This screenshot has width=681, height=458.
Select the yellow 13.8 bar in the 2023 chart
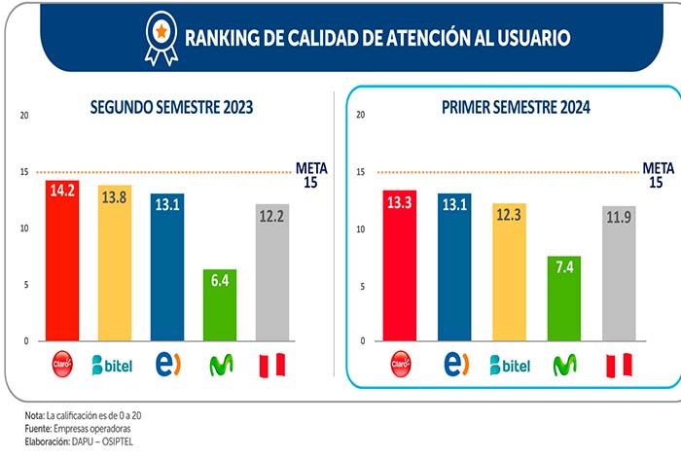pos(114,263)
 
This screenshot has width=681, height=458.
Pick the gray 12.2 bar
pos(272,272)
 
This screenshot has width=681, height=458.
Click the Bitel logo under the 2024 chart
pos(509,366)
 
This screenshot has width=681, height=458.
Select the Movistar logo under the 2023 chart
pos(221,366)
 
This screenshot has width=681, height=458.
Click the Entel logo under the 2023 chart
pos(167,365)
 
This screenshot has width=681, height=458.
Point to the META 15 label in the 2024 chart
pos(659,174)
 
